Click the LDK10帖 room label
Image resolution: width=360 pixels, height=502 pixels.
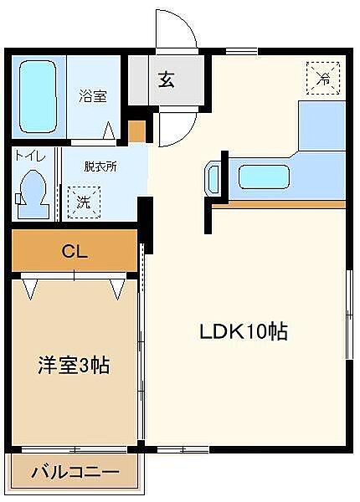click(x=243, y=331)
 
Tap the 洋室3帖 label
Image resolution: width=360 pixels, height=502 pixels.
click(x=75, y=365)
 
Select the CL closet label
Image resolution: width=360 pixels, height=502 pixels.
click(x=74, y=250)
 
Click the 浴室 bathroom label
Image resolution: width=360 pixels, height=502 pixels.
click(x=93, y=95)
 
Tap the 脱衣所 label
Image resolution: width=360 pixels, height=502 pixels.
click(x=100, y=166)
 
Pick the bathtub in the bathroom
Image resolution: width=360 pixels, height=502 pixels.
click(x=39, y=98)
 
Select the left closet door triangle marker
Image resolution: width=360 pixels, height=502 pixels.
click(x=31, y=289)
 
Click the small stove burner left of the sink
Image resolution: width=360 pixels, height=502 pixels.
click(x=212, y=178)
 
